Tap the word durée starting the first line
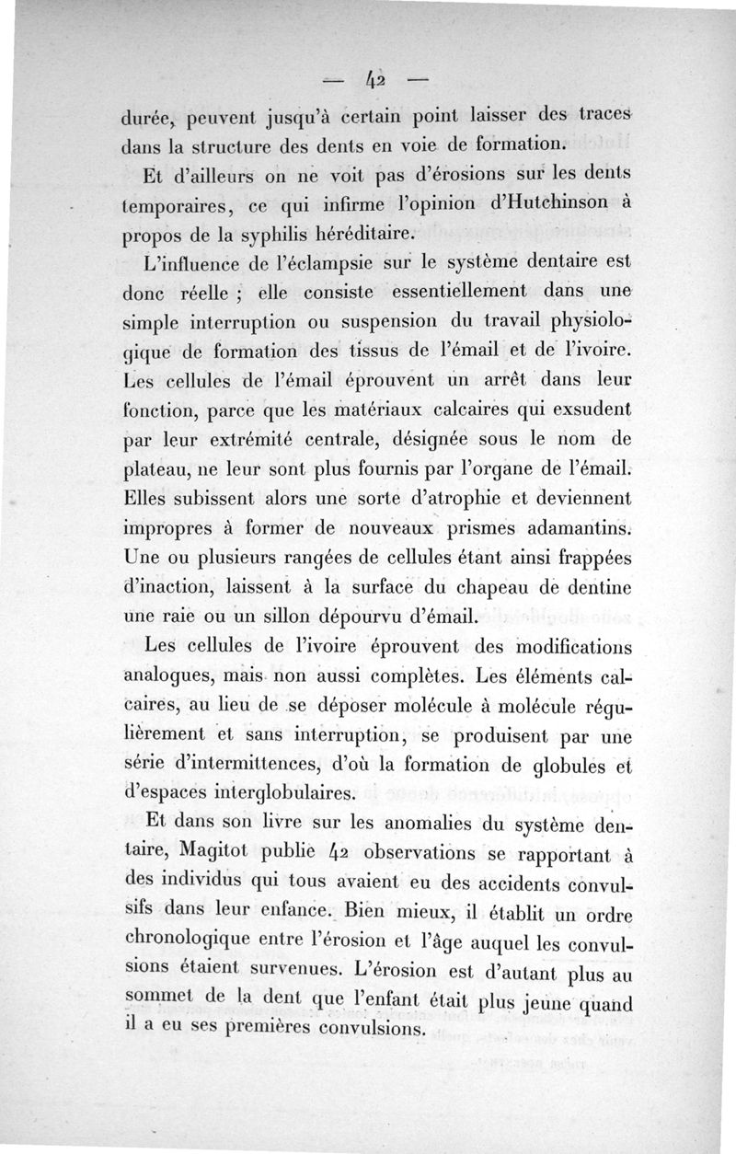pyautogui.click(x=149, y=119)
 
